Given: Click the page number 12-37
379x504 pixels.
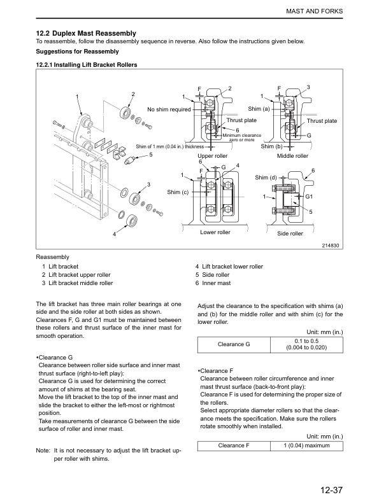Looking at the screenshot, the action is pyautogui.click(x=331, y=490).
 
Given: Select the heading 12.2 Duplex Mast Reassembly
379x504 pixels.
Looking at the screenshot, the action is pyautogui.click(x=86, y=34).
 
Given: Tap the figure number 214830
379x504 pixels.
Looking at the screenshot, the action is pyautogui.click(x=331, y=246).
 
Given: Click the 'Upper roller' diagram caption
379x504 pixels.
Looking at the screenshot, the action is pyautogui.click(x=212, y=156).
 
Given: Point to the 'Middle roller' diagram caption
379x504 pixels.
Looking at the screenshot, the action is pyautogui.click(x=292, y=156).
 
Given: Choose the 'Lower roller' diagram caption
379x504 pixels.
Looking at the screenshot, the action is pyautogui.click(x=215, y=232).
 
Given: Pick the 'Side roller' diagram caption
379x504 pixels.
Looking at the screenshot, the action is pyautogui.click(x=290, y=234).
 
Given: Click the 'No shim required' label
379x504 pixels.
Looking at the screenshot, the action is pyautogui.click(x=169, y=109).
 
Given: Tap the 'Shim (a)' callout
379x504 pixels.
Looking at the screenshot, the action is pyautogui.click(x=259, y=109).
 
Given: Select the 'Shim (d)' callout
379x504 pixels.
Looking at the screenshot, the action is pyautogui.click(x=266, y=178).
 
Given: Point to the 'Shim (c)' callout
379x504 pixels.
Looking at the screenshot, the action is pyautogui.click(x=178, y=192).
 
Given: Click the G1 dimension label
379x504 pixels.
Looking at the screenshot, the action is pyautogui.click(x=309, y=197).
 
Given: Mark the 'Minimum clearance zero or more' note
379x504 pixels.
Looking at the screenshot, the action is pyautogui.click(x=241, y=137).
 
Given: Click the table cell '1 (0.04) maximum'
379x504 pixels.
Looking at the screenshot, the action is pyautogui.click(x=306, y=445).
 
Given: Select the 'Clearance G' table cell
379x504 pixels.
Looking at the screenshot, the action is pyautogui.click(x=234, y=344).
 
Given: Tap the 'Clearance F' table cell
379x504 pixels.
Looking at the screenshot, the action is pyautogui.click(x=234, y=445).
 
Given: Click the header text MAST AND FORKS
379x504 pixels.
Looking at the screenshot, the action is pyautogui.click(x=314, y=11).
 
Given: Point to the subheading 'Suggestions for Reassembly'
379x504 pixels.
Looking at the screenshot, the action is pyautogui.click(x=77, y=52).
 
